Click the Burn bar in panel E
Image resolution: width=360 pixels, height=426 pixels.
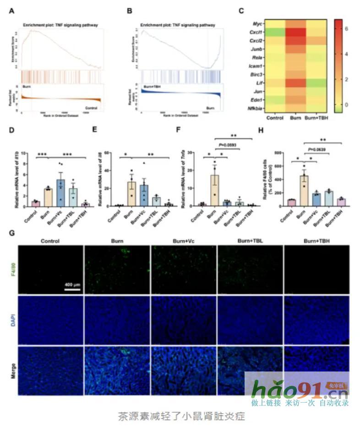(131, 193)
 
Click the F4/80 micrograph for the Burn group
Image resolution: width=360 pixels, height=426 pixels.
(117, 270)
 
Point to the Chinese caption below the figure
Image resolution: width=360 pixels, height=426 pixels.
(181, 416)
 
